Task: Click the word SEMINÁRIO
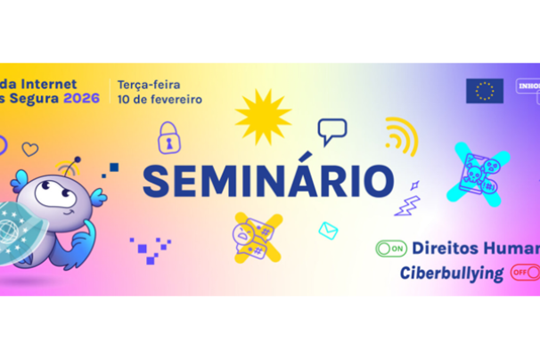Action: click(x=268, y=180)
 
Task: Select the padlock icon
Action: click(x=168, y=137)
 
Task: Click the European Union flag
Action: click(x=484, y=91)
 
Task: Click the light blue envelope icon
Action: click(x=329, y=231)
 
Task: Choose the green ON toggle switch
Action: click(x=391, y=249)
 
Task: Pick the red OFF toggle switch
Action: click(x=524, y=272)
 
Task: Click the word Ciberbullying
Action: click(x=451, y=272)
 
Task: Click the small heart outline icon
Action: click(x=30, y=150)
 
